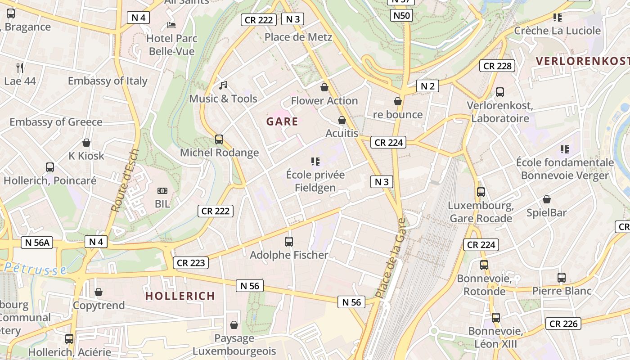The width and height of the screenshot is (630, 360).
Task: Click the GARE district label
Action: (x=282, y=121)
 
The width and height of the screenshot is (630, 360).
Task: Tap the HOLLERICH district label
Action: (x=180, y=296)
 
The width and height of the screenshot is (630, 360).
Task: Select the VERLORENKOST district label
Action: (x=582, y=61)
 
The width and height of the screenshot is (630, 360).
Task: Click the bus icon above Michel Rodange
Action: (x=219, y=139)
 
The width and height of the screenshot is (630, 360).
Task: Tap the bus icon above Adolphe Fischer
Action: (x=289, y=242)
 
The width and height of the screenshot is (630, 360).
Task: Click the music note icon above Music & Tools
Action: (x=223, y=85)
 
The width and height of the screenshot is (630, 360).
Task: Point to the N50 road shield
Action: (x=401, y=16)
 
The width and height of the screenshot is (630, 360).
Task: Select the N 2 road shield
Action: (x=427, y=86)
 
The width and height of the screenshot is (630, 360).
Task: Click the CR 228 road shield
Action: (x=497, y=66)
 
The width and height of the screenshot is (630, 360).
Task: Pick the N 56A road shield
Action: (x=37, y=243)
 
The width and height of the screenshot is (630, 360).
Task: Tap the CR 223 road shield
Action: (x=191, y=263)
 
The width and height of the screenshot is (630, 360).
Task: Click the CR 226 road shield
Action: (x=563, y=324)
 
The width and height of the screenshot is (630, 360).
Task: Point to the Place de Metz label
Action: (x=298, y=37)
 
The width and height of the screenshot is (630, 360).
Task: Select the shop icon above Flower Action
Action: (x=324, y=87)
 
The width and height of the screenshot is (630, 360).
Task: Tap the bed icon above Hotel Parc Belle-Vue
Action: (x=171, y=25)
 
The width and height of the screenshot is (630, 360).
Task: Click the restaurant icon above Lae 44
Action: (x=20, y=68)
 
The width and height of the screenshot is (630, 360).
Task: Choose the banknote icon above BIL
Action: (x=162, y=191)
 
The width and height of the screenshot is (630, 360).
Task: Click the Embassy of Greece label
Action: (x=56, y=122)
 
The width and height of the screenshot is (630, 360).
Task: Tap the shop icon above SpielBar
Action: (x=547, y=199)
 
